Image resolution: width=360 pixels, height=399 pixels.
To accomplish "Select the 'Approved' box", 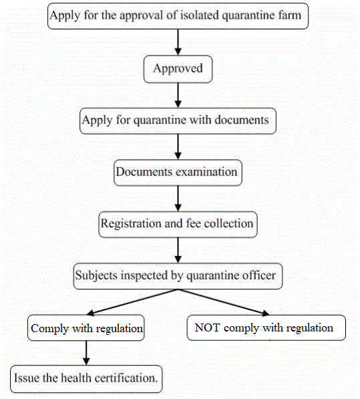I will [x=178, y=68].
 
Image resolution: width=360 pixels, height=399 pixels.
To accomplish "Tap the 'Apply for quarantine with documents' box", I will [x=177, y=120].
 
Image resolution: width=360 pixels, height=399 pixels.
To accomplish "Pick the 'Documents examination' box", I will [x=176, y=172].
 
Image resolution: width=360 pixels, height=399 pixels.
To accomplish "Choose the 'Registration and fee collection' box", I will [x=177, y=224].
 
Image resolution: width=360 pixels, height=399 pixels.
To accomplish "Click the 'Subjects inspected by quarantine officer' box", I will [x=177, y=275].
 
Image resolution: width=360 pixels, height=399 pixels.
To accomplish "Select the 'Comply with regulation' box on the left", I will [x=87, y=328].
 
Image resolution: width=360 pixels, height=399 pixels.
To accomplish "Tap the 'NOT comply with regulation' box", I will [x=265, y=327].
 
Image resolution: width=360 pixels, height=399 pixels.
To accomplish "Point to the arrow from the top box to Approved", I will [x=178, y=42].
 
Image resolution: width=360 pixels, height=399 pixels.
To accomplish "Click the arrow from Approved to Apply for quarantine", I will [x=178, y=94].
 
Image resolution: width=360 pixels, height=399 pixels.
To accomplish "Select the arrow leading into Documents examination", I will [x=178, y=146].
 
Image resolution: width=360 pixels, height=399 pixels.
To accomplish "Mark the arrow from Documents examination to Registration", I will [x=178, y=198].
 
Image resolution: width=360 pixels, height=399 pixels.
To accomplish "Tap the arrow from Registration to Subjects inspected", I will [x=178, y=249].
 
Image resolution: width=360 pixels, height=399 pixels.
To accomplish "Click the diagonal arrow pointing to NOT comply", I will [x=224, y=302].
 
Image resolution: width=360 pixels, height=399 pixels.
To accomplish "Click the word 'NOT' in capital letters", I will [x=206, y=327].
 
